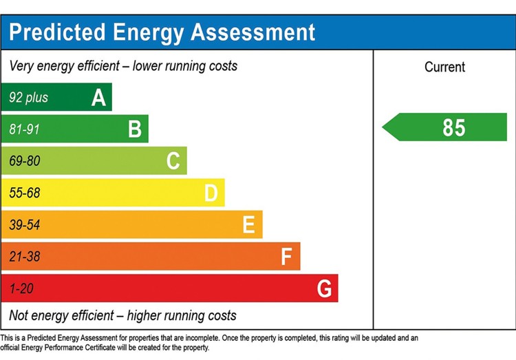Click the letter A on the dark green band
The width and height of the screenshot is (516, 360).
coord(98,98)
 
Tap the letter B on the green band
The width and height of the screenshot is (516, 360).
coord(135,129)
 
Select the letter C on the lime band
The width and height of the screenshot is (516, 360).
coord(173,161)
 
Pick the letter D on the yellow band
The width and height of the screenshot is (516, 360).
coord(211,193)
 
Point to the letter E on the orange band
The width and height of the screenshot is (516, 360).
coord(249,224)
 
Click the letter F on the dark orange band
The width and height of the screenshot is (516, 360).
coord(287,257)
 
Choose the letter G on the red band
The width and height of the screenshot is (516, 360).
coord(324,288)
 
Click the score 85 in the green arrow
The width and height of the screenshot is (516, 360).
coord(454,128)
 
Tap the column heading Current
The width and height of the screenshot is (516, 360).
coord(444,67)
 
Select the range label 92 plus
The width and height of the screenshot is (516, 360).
coord(29,98)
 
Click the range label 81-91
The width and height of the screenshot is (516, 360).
coord(24,129)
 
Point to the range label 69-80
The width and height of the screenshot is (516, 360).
coord(25,161)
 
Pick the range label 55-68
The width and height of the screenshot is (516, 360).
coord(25,193)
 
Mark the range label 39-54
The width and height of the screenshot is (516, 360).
coord(25,225)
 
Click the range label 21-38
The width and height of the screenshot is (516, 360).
coord(25,257)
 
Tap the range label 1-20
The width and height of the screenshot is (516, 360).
coord(22,289)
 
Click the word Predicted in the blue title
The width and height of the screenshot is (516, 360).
coord(57,32)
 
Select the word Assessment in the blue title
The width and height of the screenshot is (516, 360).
coord(252,32)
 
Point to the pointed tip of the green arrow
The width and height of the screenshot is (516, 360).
coord(383,127)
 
